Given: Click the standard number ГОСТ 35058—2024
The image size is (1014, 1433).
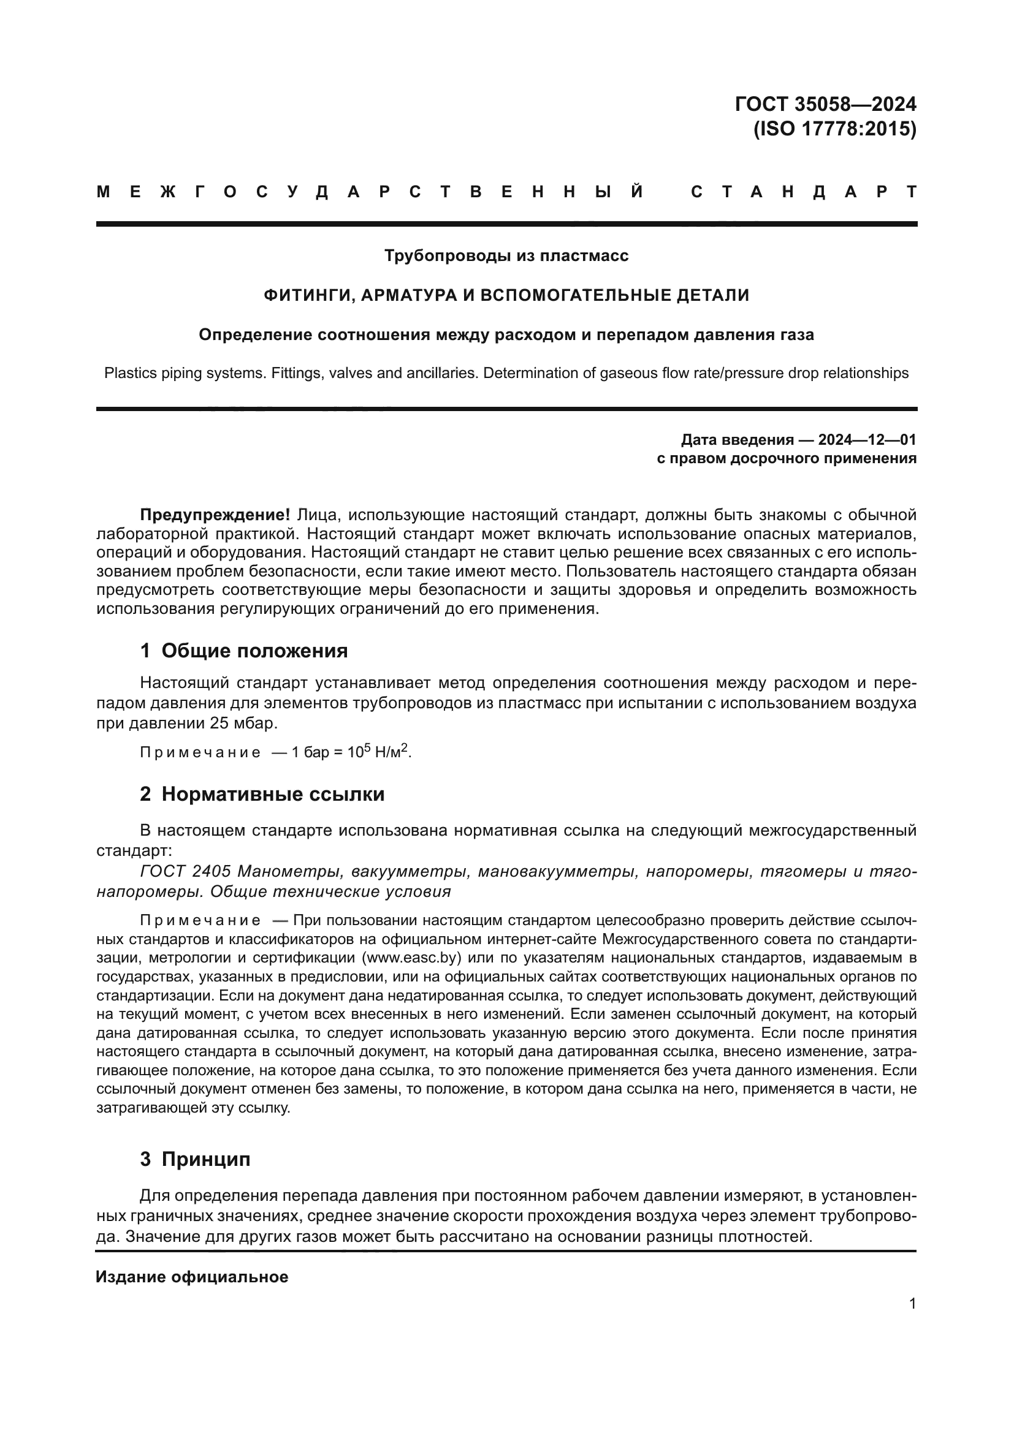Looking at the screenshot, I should (x=825, y=104).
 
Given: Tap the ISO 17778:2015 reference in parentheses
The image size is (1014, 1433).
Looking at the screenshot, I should (x=835, y=129).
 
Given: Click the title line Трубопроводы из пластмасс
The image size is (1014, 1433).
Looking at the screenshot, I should (x=506, y=256).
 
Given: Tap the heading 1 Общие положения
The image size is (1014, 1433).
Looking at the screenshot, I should (x=243, y=651).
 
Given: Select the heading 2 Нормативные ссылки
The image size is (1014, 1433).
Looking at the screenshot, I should (x=262, y=794).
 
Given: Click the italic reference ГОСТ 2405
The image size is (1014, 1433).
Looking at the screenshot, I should (x=185, y=871).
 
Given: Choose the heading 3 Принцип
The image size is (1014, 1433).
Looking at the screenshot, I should (x=195, y=1159).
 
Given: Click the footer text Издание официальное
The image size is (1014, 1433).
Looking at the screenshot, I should (x=192, y=1277).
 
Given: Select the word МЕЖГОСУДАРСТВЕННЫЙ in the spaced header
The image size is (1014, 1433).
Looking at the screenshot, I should (x=370, y=192).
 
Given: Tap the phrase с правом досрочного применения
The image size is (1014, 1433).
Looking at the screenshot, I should (x=787, y=459).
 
